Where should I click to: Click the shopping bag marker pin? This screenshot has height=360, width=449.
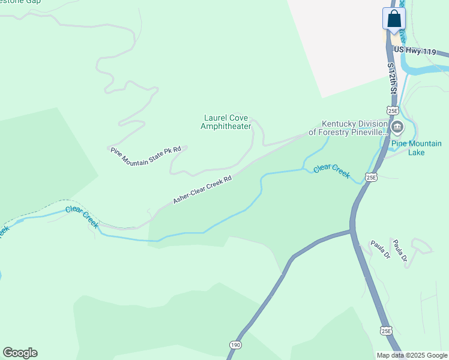click(x=394, y=19)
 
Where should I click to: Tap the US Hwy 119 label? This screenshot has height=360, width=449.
click(x=414, y=51)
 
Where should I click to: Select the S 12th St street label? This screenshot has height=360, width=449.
click(x=392, y=79)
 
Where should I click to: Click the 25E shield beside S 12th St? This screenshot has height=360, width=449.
click(x=393, y=110)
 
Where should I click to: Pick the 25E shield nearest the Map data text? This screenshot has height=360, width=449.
click(x=387, y=330)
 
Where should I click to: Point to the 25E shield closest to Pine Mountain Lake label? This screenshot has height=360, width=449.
click(x=372, y=177)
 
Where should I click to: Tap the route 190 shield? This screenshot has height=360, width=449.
click(x=235, y=345)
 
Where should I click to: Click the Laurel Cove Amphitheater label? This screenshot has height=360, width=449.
click(x=224, y=122)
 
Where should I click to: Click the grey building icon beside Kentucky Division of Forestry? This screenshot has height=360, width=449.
click(x=397, y=127)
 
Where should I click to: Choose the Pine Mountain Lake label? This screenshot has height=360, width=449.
click(x=416, y=148)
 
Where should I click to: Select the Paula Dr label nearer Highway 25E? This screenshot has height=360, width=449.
click(x=380, y=248)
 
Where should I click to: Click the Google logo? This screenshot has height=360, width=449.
click(x=20, y=353)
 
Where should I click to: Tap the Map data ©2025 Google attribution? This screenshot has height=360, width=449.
click(x=412, y=355)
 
